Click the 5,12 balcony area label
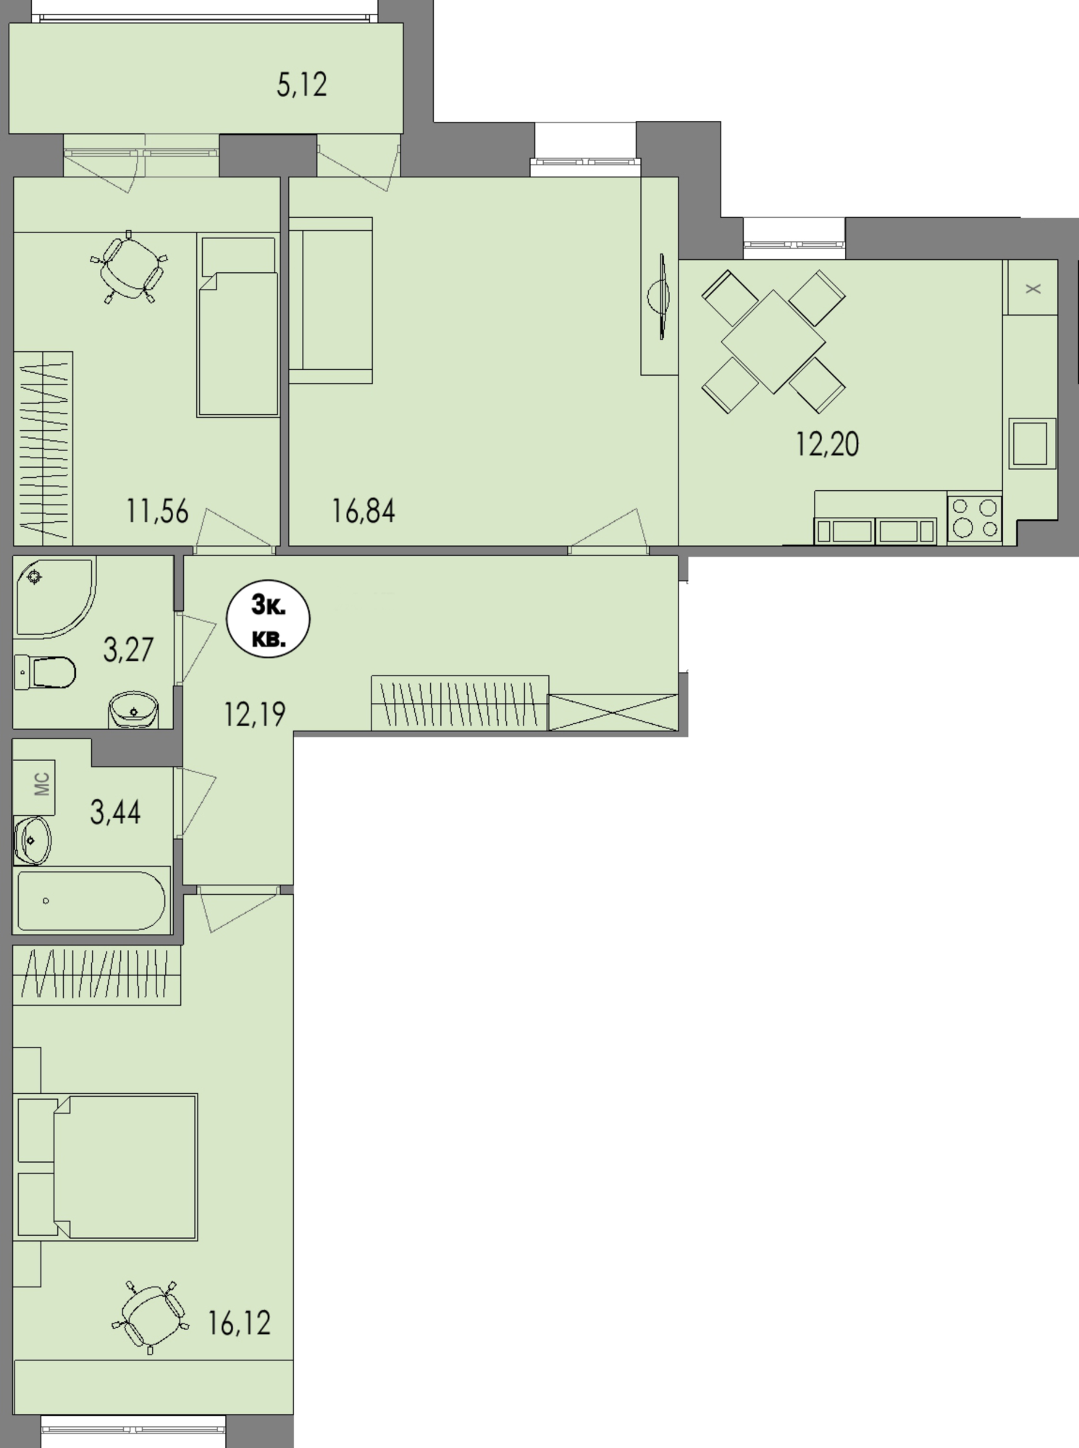[302, 85]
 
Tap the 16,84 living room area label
[364, 511]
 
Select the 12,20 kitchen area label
[827, 444]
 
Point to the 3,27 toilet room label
[128, 649]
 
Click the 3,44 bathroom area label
[115, 812]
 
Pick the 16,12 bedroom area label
[239, 1323]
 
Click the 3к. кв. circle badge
[269, 621]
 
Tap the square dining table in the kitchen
[773, 342]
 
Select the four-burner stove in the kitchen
[975, 518]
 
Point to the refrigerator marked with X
[1030, 287]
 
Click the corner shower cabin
[55, 597]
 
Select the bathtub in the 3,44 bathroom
[92, 901]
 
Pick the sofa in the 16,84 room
[331, 300]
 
